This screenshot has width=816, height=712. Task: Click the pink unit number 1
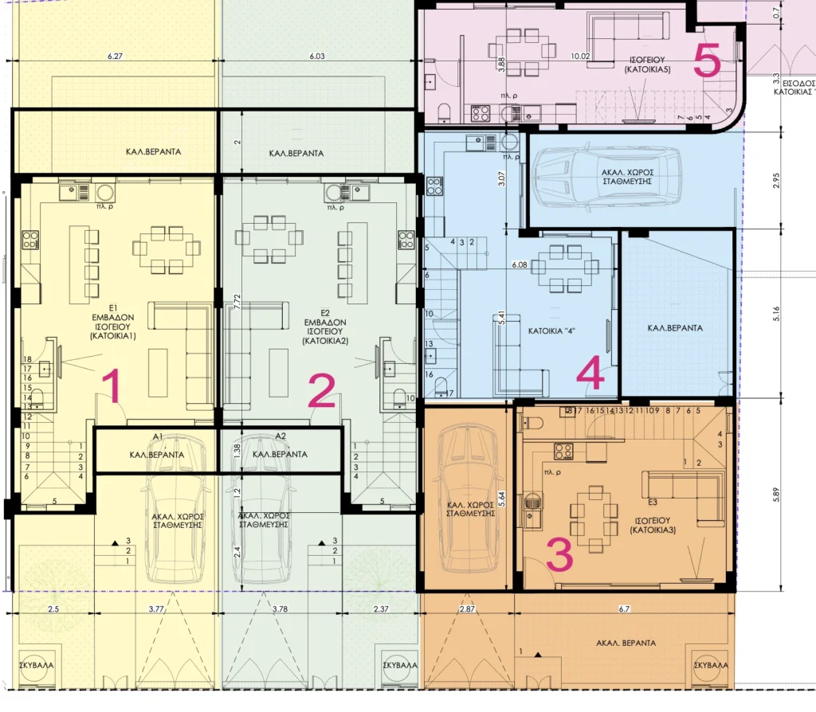pos(112,388)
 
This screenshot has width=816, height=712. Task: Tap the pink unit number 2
pos(321,390)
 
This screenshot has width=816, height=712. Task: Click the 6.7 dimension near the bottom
pos(624,609)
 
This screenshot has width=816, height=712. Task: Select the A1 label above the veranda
pos(158,436)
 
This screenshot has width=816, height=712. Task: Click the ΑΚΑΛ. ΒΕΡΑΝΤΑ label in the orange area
pos(625,642)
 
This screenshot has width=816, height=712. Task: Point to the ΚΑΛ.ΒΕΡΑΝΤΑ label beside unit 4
pos(676,328)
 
